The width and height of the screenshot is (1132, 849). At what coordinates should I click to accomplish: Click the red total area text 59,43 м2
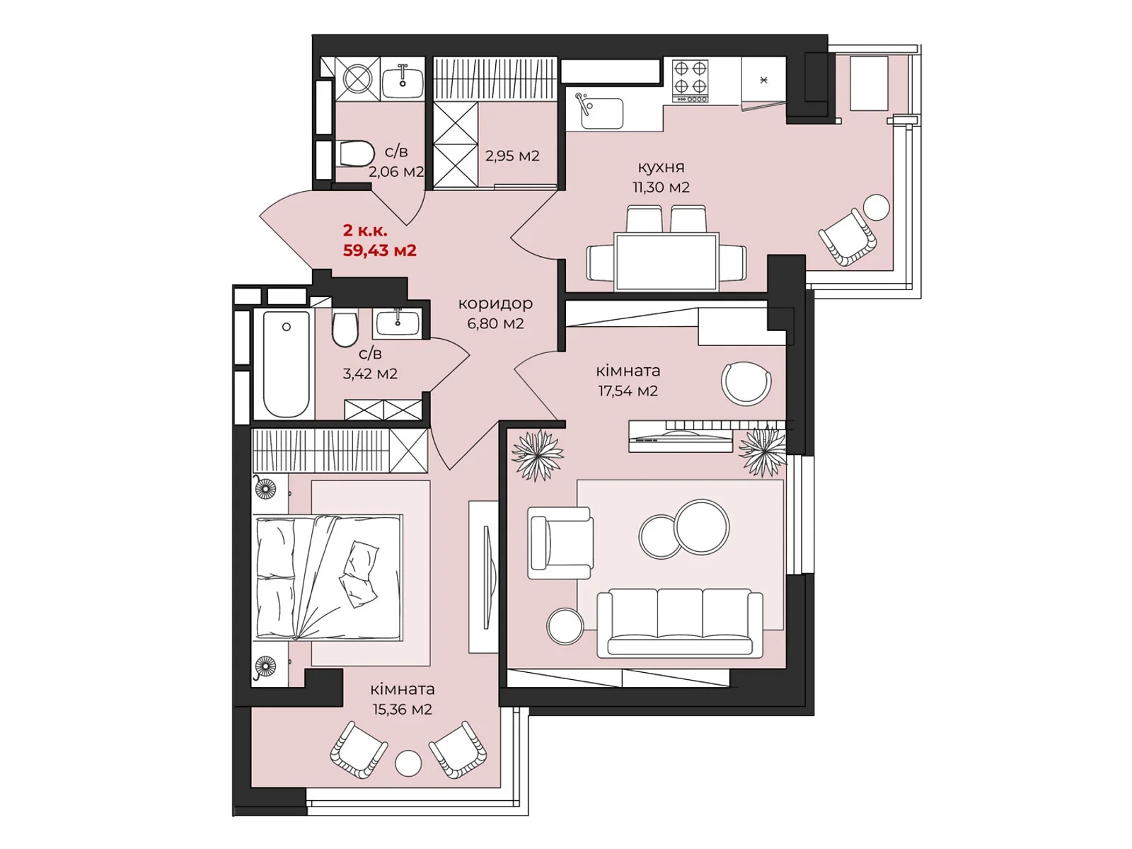click(379, 250)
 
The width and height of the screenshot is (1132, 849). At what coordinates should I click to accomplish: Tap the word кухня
click(661, 167)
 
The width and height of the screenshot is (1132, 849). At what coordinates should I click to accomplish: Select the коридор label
click(495, 304)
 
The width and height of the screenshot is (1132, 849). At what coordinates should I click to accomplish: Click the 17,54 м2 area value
click(628, 391)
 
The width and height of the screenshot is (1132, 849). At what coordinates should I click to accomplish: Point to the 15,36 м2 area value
click(402, 710)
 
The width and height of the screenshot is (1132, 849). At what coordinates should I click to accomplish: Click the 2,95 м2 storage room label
click(512, 156)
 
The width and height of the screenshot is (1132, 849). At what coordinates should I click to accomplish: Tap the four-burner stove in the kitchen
click(690, 81)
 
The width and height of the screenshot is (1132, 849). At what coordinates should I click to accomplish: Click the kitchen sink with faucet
click(599, 111)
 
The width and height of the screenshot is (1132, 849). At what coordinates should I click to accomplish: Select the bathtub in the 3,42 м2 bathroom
click(287, 364)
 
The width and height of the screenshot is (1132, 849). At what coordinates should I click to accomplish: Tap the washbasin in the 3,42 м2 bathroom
click(398, 324)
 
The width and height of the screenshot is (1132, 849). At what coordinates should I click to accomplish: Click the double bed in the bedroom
click(329, 577)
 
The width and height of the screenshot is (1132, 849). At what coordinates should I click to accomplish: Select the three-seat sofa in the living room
click(679, 623)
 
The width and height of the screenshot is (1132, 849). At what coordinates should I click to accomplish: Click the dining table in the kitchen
click(666, 261)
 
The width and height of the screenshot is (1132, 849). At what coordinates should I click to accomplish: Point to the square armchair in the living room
click(560, 542)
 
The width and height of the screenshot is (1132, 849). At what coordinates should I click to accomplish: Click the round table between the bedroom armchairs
click(408, 763)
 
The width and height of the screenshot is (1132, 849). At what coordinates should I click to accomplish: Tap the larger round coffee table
click(702, 527)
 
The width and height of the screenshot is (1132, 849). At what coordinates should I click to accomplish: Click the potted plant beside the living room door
click(538, 455)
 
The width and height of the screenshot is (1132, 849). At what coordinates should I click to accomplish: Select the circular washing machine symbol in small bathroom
click(357, 79)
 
